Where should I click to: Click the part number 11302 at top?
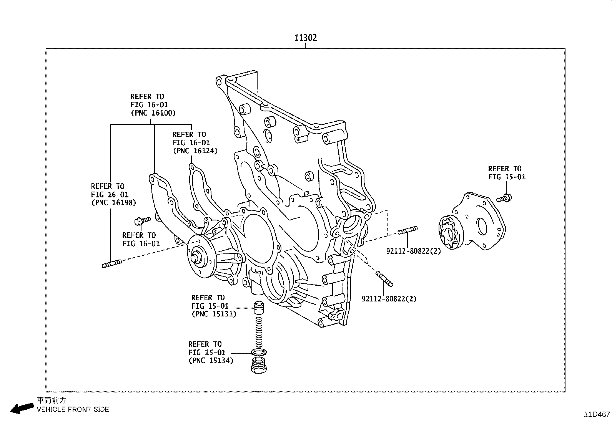pos(306,38)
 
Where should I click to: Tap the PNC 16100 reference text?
pos(153,113)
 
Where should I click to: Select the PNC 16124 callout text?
pos(195,151)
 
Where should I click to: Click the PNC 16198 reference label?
pos(113,203)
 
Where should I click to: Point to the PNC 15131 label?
pos(214,314)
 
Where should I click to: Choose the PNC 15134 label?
pos(211,361)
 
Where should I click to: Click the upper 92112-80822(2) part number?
pos(413,252)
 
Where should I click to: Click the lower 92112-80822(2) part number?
pos(389,299)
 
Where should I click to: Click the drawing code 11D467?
pos(597,415)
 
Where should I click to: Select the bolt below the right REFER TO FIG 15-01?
pos(504,199)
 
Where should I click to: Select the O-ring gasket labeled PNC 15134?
pos(259,352)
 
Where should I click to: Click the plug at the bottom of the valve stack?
pos(259,365)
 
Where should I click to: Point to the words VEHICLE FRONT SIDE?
pos(73,409)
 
